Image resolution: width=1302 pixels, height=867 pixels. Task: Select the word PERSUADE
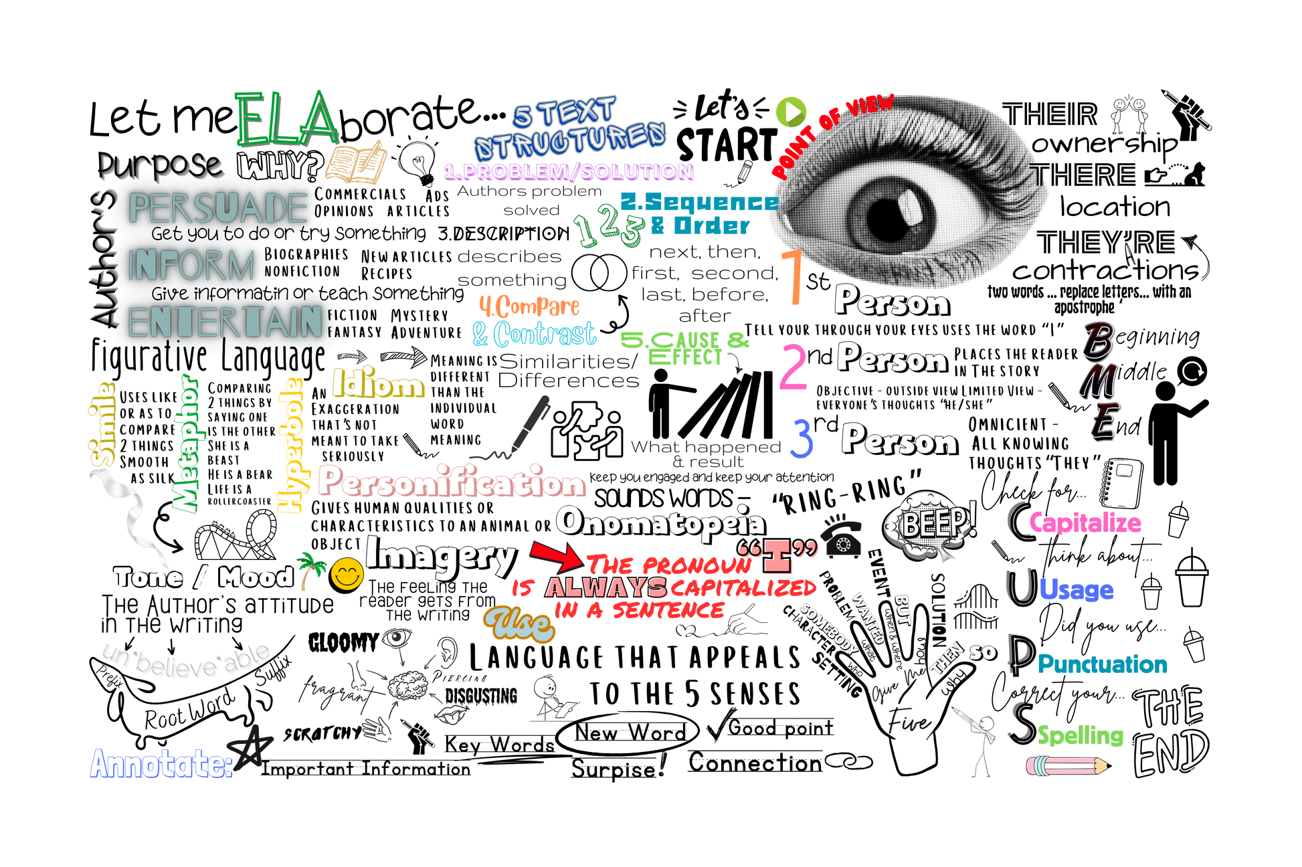(217, 208)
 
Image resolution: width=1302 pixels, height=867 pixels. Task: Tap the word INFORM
(191, 265)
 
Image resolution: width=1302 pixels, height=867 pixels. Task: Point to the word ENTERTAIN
(225, 323)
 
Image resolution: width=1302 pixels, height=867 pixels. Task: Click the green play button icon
(791, 112)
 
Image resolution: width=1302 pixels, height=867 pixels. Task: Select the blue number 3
(802, 439)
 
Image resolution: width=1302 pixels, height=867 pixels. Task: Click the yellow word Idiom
(378, 384)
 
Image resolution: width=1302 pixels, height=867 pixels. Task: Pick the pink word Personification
(452, 482)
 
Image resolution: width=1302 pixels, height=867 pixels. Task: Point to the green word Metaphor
(185, 444)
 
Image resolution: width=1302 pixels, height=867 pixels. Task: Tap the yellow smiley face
(347, 574)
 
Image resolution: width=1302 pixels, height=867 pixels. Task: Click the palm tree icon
(309, 569)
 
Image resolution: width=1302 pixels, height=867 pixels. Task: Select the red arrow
(555, 555)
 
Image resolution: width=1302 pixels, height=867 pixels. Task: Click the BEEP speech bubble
(930, 524)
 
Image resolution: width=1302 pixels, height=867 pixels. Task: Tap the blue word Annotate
(161, 763)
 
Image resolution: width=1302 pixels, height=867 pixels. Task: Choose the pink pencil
(1065, 767)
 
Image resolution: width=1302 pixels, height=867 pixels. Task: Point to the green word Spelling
(1080, 735)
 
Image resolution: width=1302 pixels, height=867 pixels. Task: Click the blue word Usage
(1076, 589)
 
